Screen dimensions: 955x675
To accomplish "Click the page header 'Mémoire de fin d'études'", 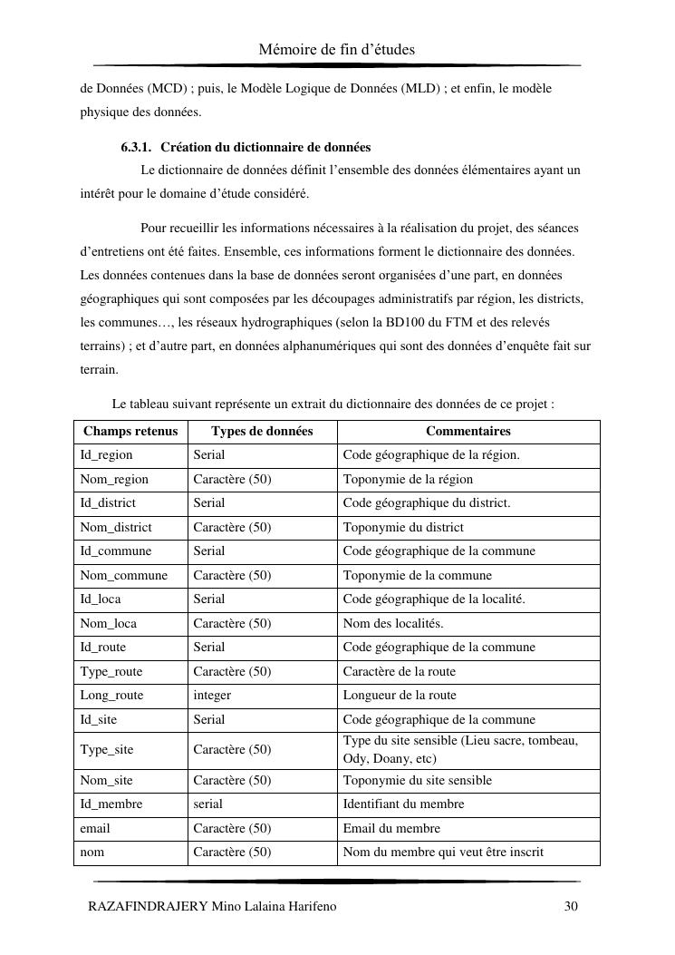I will point(336,49).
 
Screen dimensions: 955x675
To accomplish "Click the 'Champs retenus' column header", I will point(130,432).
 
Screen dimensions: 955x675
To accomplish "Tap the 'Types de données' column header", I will point(262,432).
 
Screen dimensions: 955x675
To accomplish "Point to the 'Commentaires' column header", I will point(468,432).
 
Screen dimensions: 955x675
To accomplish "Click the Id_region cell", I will point(106,455).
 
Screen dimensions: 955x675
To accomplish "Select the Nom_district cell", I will point(116,527).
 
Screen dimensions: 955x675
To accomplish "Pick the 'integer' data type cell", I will point(212,696).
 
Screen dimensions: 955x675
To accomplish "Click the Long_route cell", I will point(111,696).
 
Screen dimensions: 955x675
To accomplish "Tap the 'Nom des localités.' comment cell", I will point(393,624).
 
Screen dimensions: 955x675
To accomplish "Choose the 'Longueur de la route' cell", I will point(400,696).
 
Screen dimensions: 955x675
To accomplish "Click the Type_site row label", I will point(107,750).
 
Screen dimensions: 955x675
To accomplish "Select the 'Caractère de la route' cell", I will point(400,672).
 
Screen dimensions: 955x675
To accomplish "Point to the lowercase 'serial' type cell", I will point(207,804).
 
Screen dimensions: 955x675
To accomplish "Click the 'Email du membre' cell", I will point(391,828).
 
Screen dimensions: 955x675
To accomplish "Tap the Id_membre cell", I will point(111,804).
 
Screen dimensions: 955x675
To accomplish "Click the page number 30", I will point(571,906).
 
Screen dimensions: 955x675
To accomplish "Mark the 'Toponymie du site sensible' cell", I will point(417,780).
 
